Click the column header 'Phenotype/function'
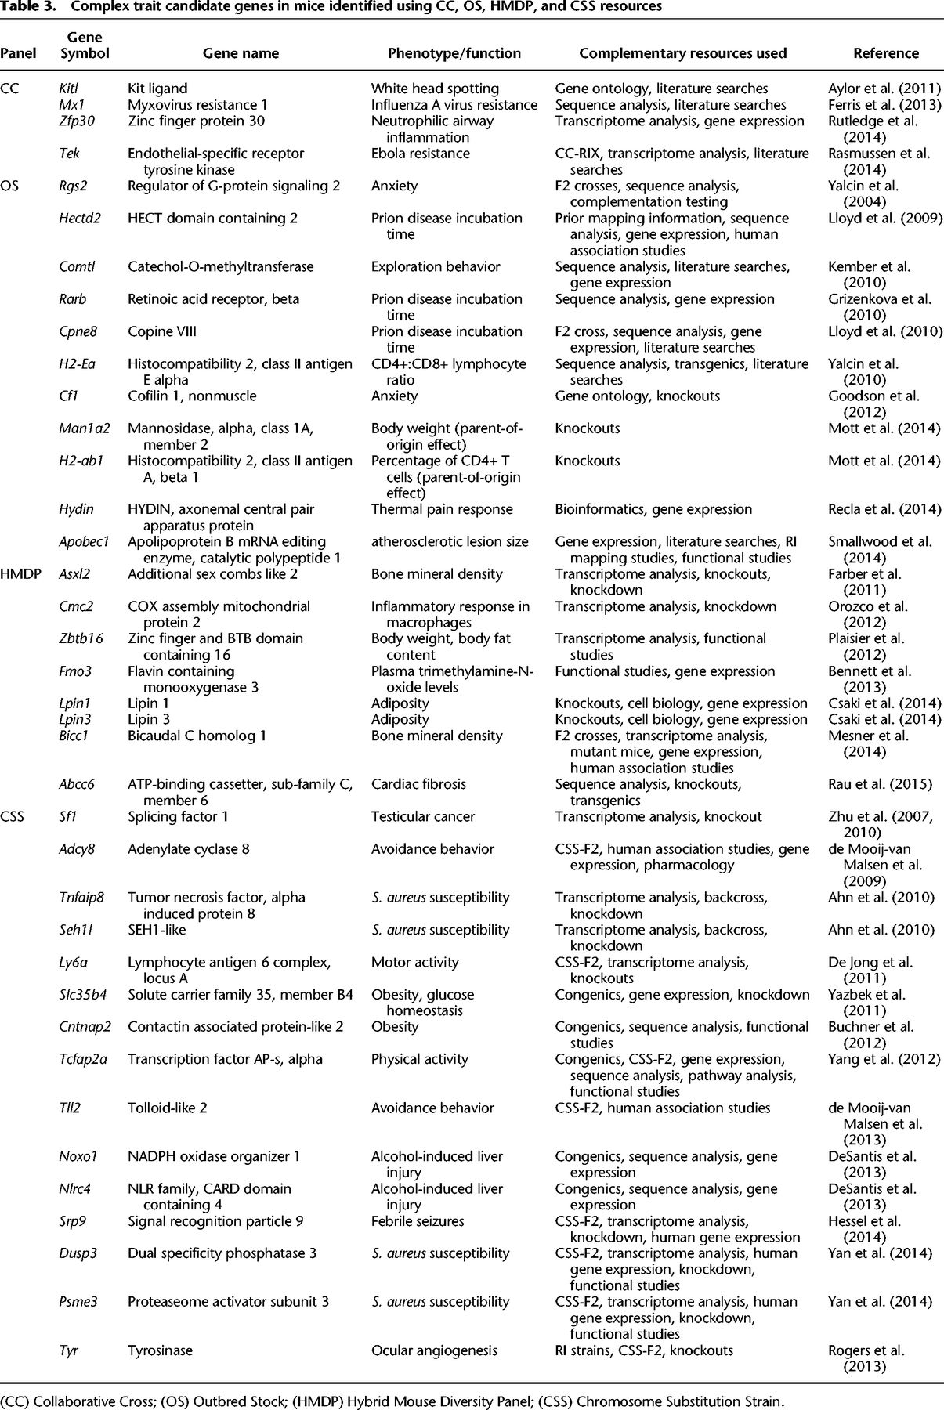pyautogui.click(x=454, y=53)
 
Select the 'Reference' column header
pyautogui.click(x=886, y=53)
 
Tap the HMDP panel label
pyautogui.click(x=20, y=574)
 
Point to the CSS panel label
pyautogui.click(x=13, y=816)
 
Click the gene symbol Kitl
pyautogui.click(x=69, y=89)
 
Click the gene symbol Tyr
pyautogui.click(x=69, y=1350)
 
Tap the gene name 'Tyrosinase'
pyautogui.click(x=160, y=1350)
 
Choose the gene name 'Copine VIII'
pyautogui.click(x=162, y=331)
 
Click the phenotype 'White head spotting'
pyautogui.click(x=435, y=89)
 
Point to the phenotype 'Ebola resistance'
pyautogui.click(x=421, y=154)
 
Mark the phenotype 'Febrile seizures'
pyautogui.click(x=418, y=1220)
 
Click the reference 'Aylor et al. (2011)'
pyautogui.click(x=884, y=89)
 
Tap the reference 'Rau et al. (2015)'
pyautogui.click(x=881, y=784)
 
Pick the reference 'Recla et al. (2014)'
pyautogui.click(x=884, y=509)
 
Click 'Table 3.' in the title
pyautogui.click(x=28, y=7)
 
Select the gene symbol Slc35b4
pyautogui.click(x=83, y=994)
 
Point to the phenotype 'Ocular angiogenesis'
pyautogui.click(x=434, y=1350)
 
